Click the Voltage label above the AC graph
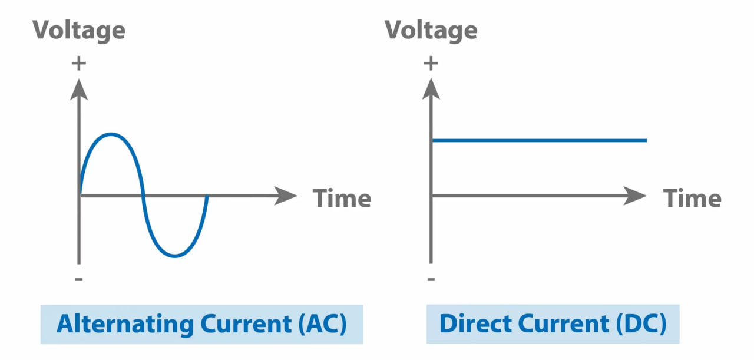coord(78,29)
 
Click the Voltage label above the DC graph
coord(431,29)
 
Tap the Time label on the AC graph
coord(342,198)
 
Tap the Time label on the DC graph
coord(692,198)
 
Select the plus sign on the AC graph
coord(78,63)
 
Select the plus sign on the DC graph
coord(431,63)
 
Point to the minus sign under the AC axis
coord(79,278)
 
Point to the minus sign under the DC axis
coord(431,278)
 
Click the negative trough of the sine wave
coord(175,256)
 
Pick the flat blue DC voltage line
coord(539,140)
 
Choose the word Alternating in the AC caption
coord(124,325)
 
